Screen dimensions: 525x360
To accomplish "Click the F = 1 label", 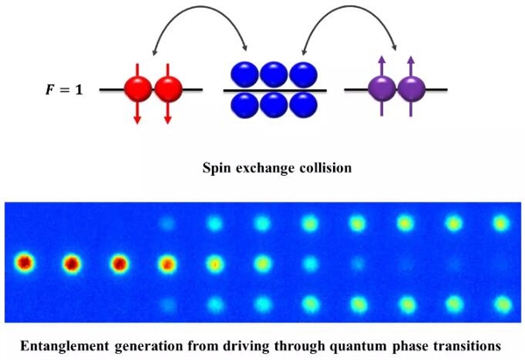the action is point(64,90).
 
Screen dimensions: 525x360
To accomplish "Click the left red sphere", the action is point(138,89).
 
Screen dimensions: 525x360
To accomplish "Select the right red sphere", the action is point(168,89).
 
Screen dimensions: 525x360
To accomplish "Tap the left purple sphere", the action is point(381,89).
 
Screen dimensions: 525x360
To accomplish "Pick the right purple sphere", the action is point(411,89).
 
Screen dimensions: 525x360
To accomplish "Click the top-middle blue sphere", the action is point(273,74).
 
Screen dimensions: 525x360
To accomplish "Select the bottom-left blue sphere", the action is point(245,105).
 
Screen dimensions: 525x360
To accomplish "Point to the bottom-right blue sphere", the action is point(303,105).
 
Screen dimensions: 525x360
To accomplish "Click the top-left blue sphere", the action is point(245,74).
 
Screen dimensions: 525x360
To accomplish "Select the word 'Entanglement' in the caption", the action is point(65,346).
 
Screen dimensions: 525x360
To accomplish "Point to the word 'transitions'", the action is point(467,345).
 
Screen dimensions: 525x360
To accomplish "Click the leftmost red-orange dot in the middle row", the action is point(25,263).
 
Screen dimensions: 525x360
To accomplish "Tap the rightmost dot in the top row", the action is point(501,223).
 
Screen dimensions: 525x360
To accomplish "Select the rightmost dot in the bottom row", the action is point(502,305).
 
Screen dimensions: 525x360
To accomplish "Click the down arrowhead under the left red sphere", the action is point(137,120).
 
